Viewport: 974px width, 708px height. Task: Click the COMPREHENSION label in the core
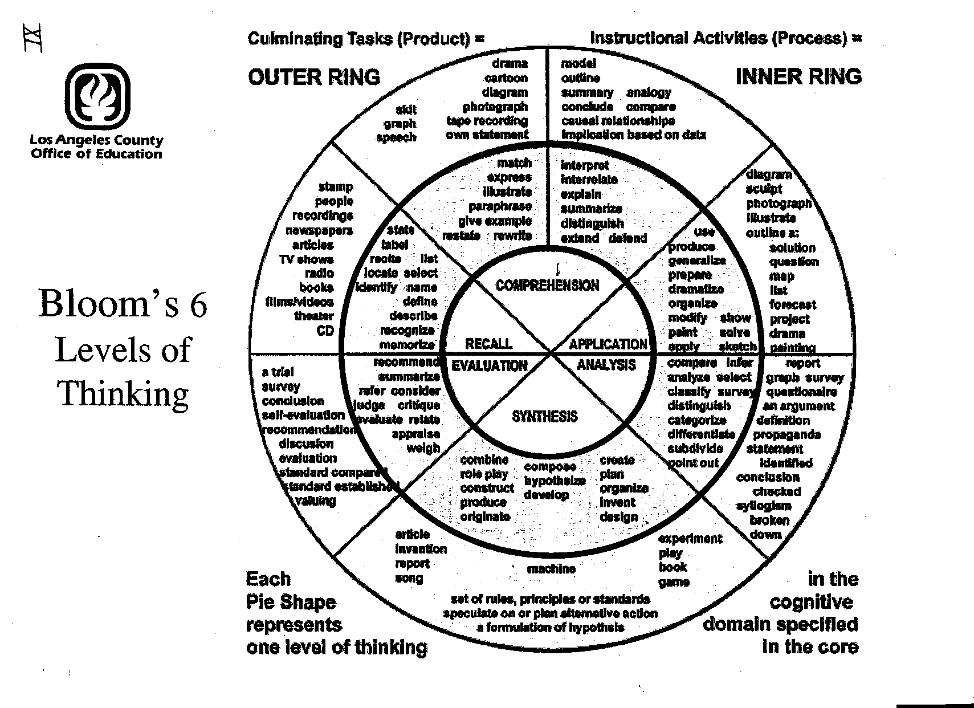click(547, 285)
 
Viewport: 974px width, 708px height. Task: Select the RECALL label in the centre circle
click(488, 344)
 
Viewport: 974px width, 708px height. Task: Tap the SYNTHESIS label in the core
click(545, 416)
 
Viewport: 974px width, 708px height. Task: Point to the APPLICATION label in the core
click(608, 344)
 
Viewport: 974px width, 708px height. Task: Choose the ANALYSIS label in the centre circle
click(606, 365)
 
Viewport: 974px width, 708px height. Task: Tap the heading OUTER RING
click(314, 77)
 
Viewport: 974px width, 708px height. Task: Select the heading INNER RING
click(798, 76)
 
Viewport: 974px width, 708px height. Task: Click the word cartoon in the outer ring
click(506, 78)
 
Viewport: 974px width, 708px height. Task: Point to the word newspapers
click(319, 230)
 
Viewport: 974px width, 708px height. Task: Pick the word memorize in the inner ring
click(407, 344)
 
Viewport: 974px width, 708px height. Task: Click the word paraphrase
click(500, 206)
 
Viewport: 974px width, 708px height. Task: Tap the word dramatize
click(696, 289)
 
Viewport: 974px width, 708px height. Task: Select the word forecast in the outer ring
click(793, 304)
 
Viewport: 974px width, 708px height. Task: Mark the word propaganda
click(786, 434)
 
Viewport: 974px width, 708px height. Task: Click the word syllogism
click(764, 506)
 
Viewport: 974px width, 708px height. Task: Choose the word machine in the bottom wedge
click(551, 568)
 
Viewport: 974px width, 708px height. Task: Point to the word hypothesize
click(555, 481)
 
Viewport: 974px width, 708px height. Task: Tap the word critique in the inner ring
click(419, 405)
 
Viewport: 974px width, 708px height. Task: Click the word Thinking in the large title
click(123, 393)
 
